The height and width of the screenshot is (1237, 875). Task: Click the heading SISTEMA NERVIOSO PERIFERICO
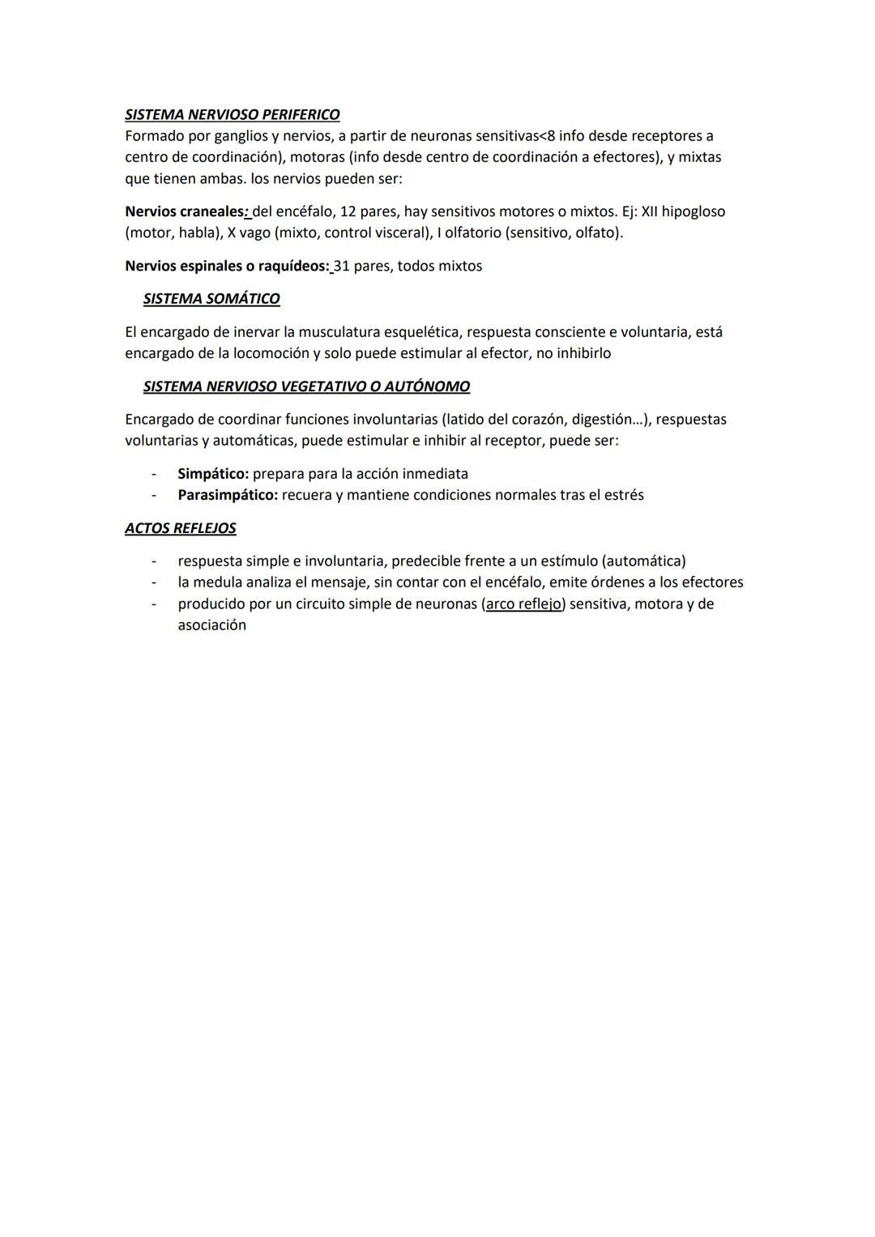point(232,115)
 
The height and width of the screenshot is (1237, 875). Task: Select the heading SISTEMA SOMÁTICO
point(211,299)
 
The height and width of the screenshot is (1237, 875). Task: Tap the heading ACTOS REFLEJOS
point(180,528)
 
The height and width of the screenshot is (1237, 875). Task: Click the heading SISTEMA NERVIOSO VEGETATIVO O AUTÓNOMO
point(306,386)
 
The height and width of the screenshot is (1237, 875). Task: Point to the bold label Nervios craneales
point(185,211)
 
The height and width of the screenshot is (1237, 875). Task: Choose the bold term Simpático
point(212,474)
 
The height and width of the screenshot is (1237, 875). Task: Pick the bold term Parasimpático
point(227,495)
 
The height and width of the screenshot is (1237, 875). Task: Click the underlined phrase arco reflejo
point(523,604)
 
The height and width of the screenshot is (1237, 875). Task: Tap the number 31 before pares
point(341,266)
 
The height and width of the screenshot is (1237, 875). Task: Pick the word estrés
point(624,495)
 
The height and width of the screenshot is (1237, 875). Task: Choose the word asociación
point(211,625)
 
